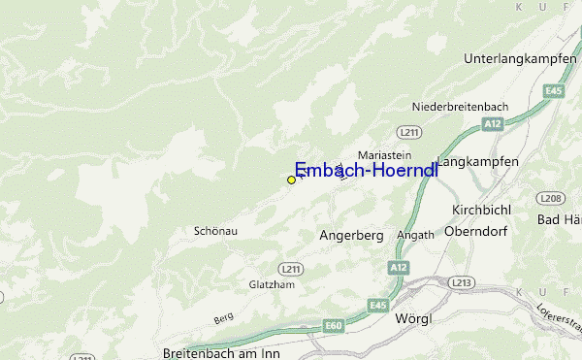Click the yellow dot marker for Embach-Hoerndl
pos(291,180)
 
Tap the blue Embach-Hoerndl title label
pos(366,169)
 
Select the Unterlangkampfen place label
pos(520,58)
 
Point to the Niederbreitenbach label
pos(461,105)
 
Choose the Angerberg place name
pos(351,236)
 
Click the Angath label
pos(415,236)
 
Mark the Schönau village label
pos(215,231)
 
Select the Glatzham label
pos(271,284)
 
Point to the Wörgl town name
pos(414,318)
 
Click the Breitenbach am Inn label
pos(221,352)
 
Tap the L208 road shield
pos(552,199)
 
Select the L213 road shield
pos(462,282)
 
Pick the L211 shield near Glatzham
pos(289,268)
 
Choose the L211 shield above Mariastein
pos(407,130)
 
